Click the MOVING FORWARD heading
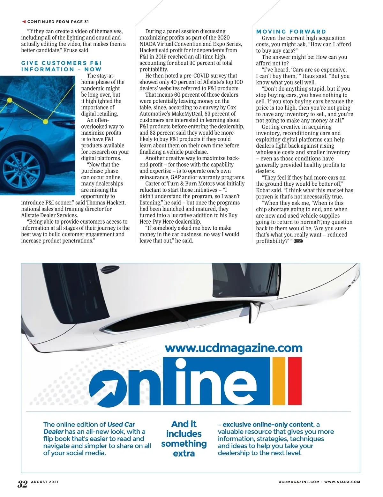click(291, 32)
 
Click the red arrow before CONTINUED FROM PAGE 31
click(24, 22)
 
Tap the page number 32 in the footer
click(22, 484)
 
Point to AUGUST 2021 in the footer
click(45, 482)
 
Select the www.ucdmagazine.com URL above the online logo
click(234, 347)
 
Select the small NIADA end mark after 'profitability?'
click(298, 241)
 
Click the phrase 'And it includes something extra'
click(184, 439)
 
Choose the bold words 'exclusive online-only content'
click(268, 425)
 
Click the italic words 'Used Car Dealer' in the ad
click(89, 428)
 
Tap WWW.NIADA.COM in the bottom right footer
click(342, 482)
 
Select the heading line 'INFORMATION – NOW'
click(61, 69)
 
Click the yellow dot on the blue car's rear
click(45, 122)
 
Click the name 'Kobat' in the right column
click(264, 190)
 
